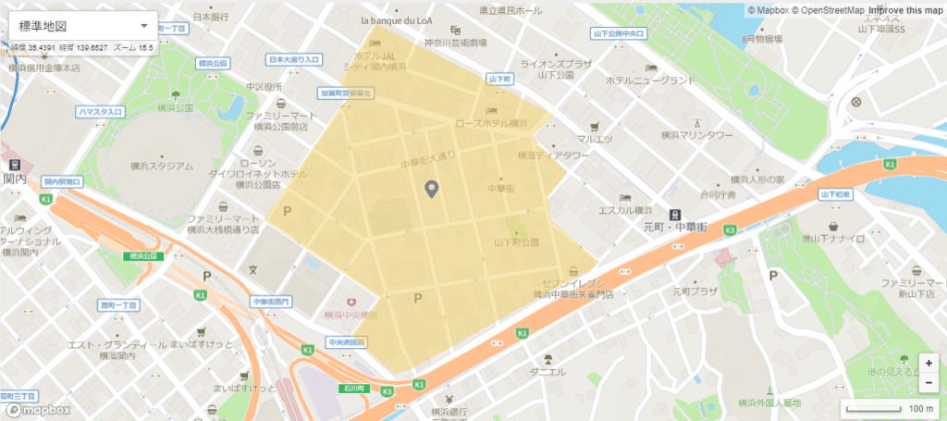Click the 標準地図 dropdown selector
click(82, 25)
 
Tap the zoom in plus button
click(928, 363)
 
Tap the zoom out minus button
click(928, 381)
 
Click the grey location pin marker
click(431, 190)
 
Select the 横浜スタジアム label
click(162, 167)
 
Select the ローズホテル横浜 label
click(490, 123)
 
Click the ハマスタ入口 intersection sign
click(101, 112)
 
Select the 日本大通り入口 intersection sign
click(294, 59)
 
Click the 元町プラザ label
click(695, 291)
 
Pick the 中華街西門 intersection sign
click(271, 302)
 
